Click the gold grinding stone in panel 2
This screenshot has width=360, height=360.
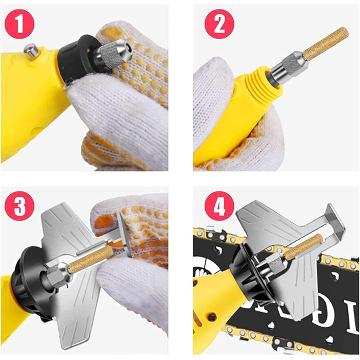coord(325,45)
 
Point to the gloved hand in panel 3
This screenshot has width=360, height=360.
coord(135,280)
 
